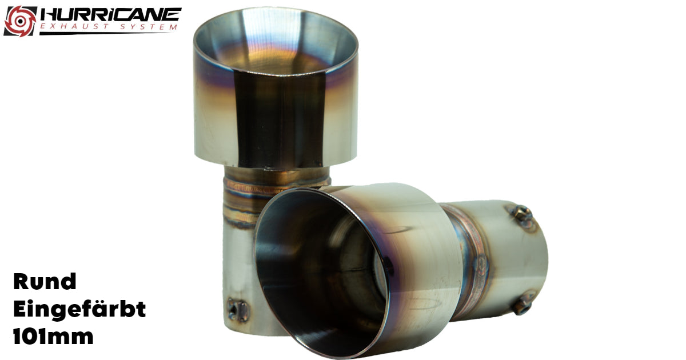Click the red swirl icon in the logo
(x=20, y=21)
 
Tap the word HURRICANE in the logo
(x=111, y=14)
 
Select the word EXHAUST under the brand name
(x=74, y=27)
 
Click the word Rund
(x=45, y=281)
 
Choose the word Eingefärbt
(x=79, y=309)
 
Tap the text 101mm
(x=53, y=336)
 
